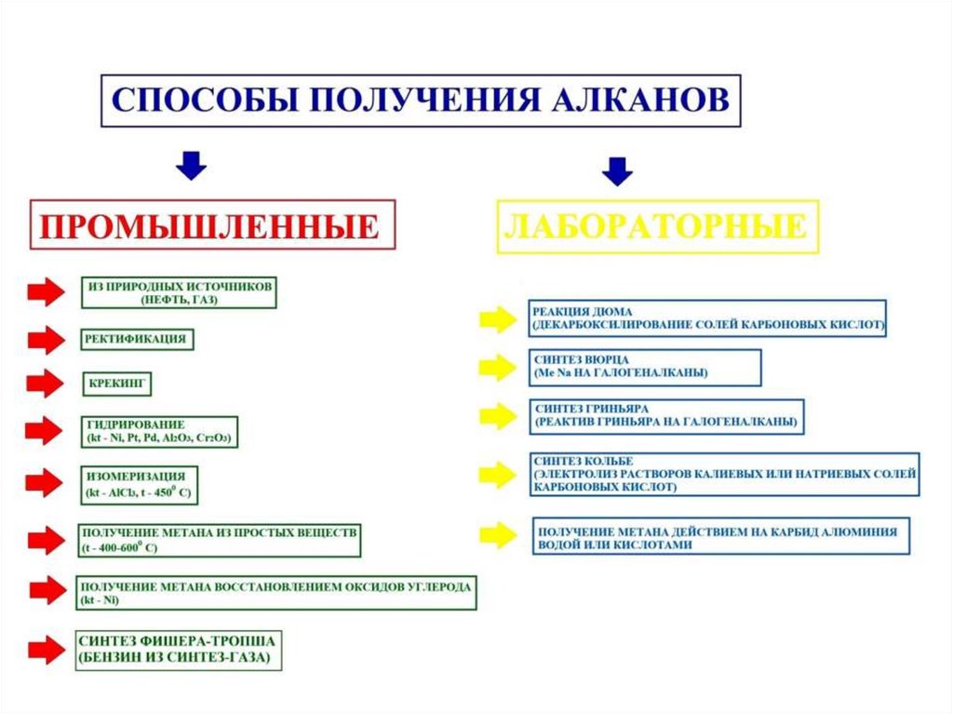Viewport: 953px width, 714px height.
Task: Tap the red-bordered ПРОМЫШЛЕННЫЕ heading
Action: (x=213, y=224)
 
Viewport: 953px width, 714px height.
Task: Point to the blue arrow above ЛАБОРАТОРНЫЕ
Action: (x=617, y=170)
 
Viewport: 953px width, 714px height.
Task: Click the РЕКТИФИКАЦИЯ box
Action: (x=137, y=339)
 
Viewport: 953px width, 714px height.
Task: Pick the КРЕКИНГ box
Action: (x=116, y=383)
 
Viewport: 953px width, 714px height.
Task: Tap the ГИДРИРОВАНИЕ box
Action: (x=158, y=430)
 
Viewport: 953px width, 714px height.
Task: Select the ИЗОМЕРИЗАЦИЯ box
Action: (x=140, y=481)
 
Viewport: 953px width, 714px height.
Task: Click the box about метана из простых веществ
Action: (x=219, y=539)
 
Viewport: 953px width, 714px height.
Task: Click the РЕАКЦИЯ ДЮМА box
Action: (x=707, y=317)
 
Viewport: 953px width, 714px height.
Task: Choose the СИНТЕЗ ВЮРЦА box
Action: (x=644, y=366)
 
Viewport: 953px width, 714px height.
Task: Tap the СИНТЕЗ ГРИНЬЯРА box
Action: (x=666, y=415)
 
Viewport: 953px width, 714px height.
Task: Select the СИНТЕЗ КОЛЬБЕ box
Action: (x=726, y=474)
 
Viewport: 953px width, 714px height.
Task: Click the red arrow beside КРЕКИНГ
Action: (x=45, y=383)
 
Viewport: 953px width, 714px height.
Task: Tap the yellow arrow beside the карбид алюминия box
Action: (x=497, y=534)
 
